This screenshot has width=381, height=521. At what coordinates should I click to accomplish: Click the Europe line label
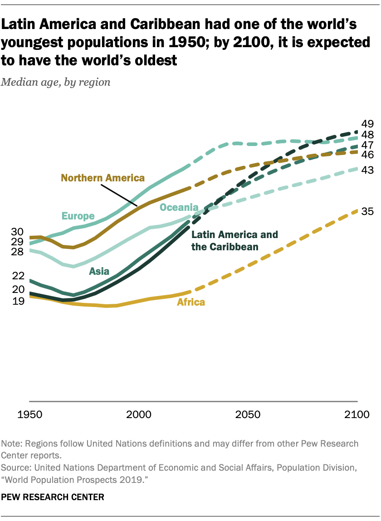(x=78, y=216)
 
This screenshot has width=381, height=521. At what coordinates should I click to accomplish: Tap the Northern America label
(x=103, y=178)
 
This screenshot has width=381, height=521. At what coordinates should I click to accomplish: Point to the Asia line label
(x=99, y=271)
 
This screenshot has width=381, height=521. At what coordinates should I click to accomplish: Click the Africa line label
(x=190, y=302)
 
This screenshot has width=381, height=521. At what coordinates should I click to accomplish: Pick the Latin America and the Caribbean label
(x=234, y=241)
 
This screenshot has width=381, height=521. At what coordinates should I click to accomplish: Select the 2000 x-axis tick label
(x=138, y=414)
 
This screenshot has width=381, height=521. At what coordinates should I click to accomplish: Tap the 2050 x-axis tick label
(x=248, y=414)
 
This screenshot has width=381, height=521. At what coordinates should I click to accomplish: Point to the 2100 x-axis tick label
(x=358, y=414)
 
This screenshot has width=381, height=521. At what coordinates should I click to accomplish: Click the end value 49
(x=367, y=124)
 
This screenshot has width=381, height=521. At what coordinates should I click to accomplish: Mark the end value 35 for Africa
(x=367, y=211)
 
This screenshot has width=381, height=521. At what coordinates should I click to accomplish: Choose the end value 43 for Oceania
(x=367, y=170)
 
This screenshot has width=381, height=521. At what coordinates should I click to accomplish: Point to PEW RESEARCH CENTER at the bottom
(x=53, y=497)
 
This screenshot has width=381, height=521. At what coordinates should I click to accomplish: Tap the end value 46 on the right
(x=367, y=155)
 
